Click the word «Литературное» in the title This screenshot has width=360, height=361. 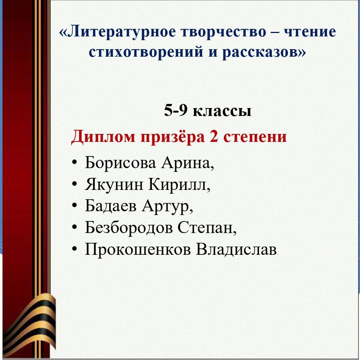pyautogui.click(x=121, y=32)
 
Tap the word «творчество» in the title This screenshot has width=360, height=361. pyautogui.click(x=223, y=32)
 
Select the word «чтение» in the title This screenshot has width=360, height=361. pyautogui.click(x=310, y=32)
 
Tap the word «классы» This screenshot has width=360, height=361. pyautogui.click(x=222, y=111)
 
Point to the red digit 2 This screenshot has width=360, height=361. pyautogui.click(x=214, y=136)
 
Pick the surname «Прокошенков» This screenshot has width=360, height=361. pyautogui.click(x=138, y=249)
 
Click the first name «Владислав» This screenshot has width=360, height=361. pyautogui.click(x=236, y=249)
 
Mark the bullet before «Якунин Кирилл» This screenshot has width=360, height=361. pyautogui.click(x=74, y=184)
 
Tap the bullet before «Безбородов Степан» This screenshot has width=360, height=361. pyautogui.click(x=74, y=227)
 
